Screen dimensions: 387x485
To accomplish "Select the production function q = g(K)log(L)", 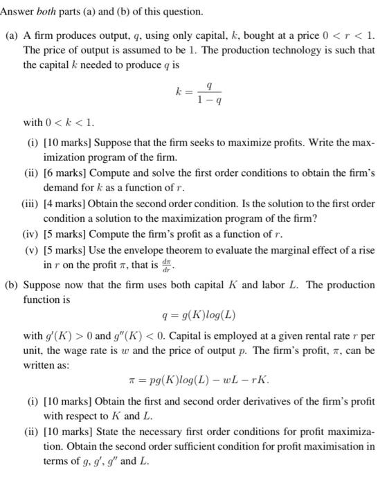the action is [198, 315].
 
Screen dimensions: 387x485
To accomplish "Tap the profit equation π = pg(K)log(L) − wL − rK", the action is [199, 379].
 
